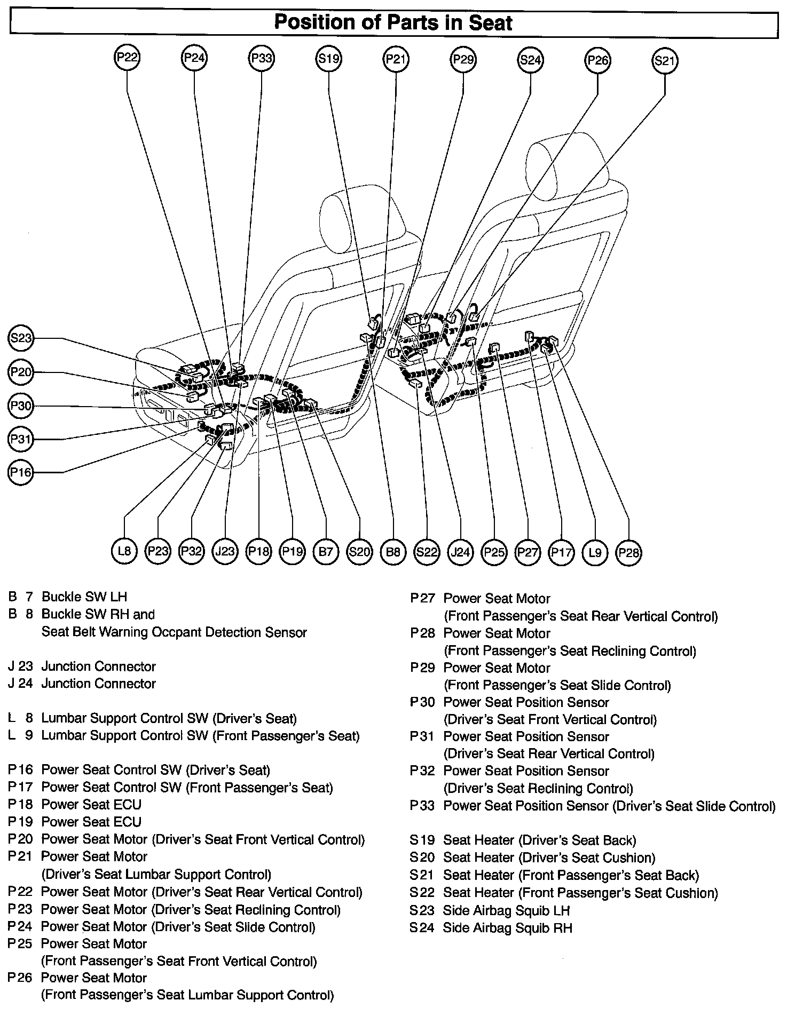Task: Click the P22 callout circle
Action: point(127,58)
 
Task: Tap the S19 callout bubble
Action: point(329,58)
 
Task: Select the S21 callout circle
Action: point(665,61)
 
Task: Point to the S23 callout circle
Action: point(21,338)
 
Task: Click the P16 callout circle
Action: point(21,472)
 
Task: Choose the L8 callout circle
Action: point(124,551)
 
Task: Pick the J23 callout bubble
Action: point(225,551)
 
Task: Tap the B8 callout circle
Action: point(393,551)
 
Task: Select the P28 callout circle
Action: point(628,552)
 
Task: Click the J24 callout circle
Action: point(460,551)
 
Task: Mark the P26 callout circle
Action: point(597,60)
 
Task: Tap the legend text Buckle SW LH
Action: point(84,597)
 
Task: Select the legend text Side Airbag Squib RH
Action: point(507,928)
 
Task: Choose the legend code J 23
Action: point(20,666)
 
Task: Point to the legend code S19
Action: point(422,840)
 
